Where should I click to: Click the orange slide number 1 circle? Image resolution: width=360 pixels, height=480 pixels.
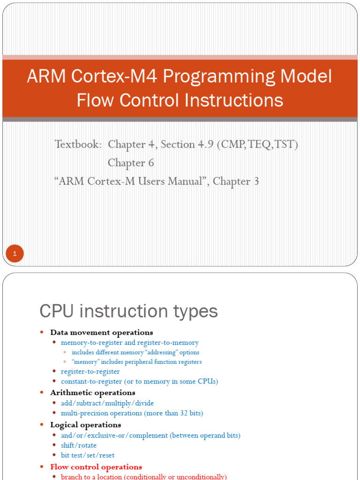click(x=15, y=254)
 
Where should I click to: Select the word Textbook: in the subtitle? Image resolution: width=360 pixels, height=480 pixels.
click(x=78, y=144)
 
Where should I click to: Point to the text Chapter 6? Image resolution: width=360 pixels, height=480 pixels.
click(x=131, y=163)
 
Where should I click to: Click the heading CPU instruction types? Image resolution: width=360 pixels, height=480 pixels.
click(x=128, y=311)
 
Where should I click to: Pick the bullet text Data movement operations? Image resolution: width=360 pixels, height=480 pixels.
click(x=102, y=333)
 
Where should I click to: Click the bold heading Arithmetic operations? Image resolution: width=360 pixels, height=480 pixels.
click(x=93, y=393)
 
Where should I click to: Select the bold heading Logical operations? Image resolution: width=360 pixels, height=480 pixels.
click(x=86, y=425)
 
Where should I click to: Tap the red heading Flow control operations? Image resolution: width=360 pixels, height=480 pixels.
click(x=96, y=467)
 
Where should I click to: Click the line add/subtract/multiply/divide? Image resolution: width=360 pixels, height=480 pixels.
click(x=107, y=403)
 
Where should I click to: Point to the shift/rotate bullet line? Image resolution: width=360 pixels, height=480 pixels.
click(x=79, y=445)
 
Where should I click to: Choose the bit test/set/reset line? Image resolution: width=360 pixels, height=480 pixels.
click(x=88, y=455)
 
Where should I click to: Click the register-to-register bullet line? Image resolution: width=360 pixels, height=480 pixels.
click(x=90, y=372)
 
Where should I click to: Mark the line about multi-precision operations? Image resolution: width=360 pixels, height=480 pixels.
click(x=132, y=413)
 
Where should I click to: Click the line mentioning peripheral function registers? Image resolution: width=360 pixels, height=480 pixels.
click(x=136, y=362)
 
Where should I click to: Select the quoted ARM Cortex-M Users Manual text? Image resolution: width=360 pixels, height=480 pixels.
click(x=131, y=181)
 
